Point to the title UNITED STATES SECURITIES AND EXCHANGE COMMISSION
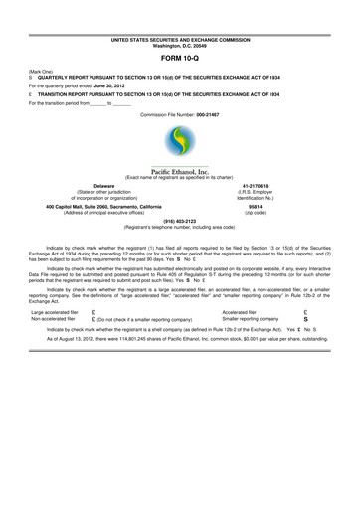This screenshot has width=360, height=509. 180,37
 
